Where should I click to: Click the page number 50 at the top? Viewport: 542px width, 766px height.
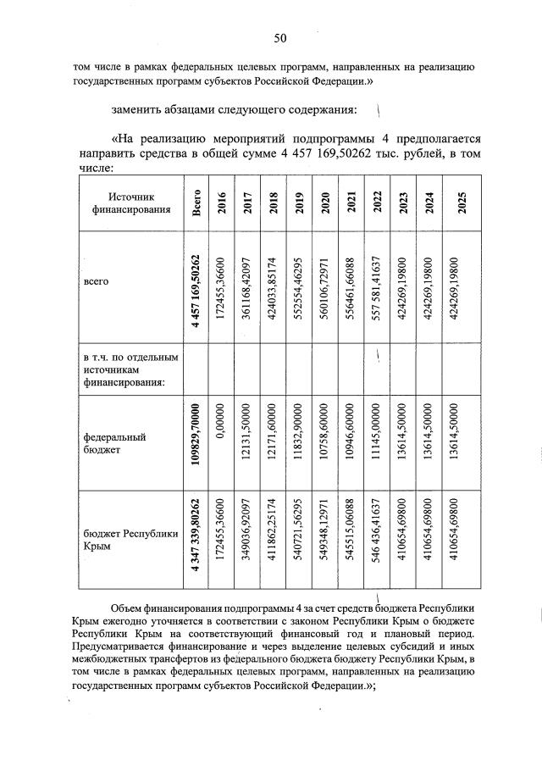(280, 37)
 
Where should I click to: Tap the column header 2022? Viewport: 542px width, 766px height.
(375, 204)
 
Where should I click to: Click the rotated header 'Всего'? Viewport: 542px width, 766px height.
(196, 204)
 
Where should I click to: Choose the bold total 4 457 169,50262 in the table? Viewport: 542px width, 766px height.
(196, 288)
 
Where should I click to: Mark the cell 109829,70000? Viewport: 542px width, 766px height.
(196, 442)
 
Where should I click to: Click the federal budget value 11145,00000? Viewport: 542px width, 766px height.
(375, 442)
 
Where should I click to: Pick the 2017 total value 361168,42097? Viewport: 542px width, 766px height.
(247, 288)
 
